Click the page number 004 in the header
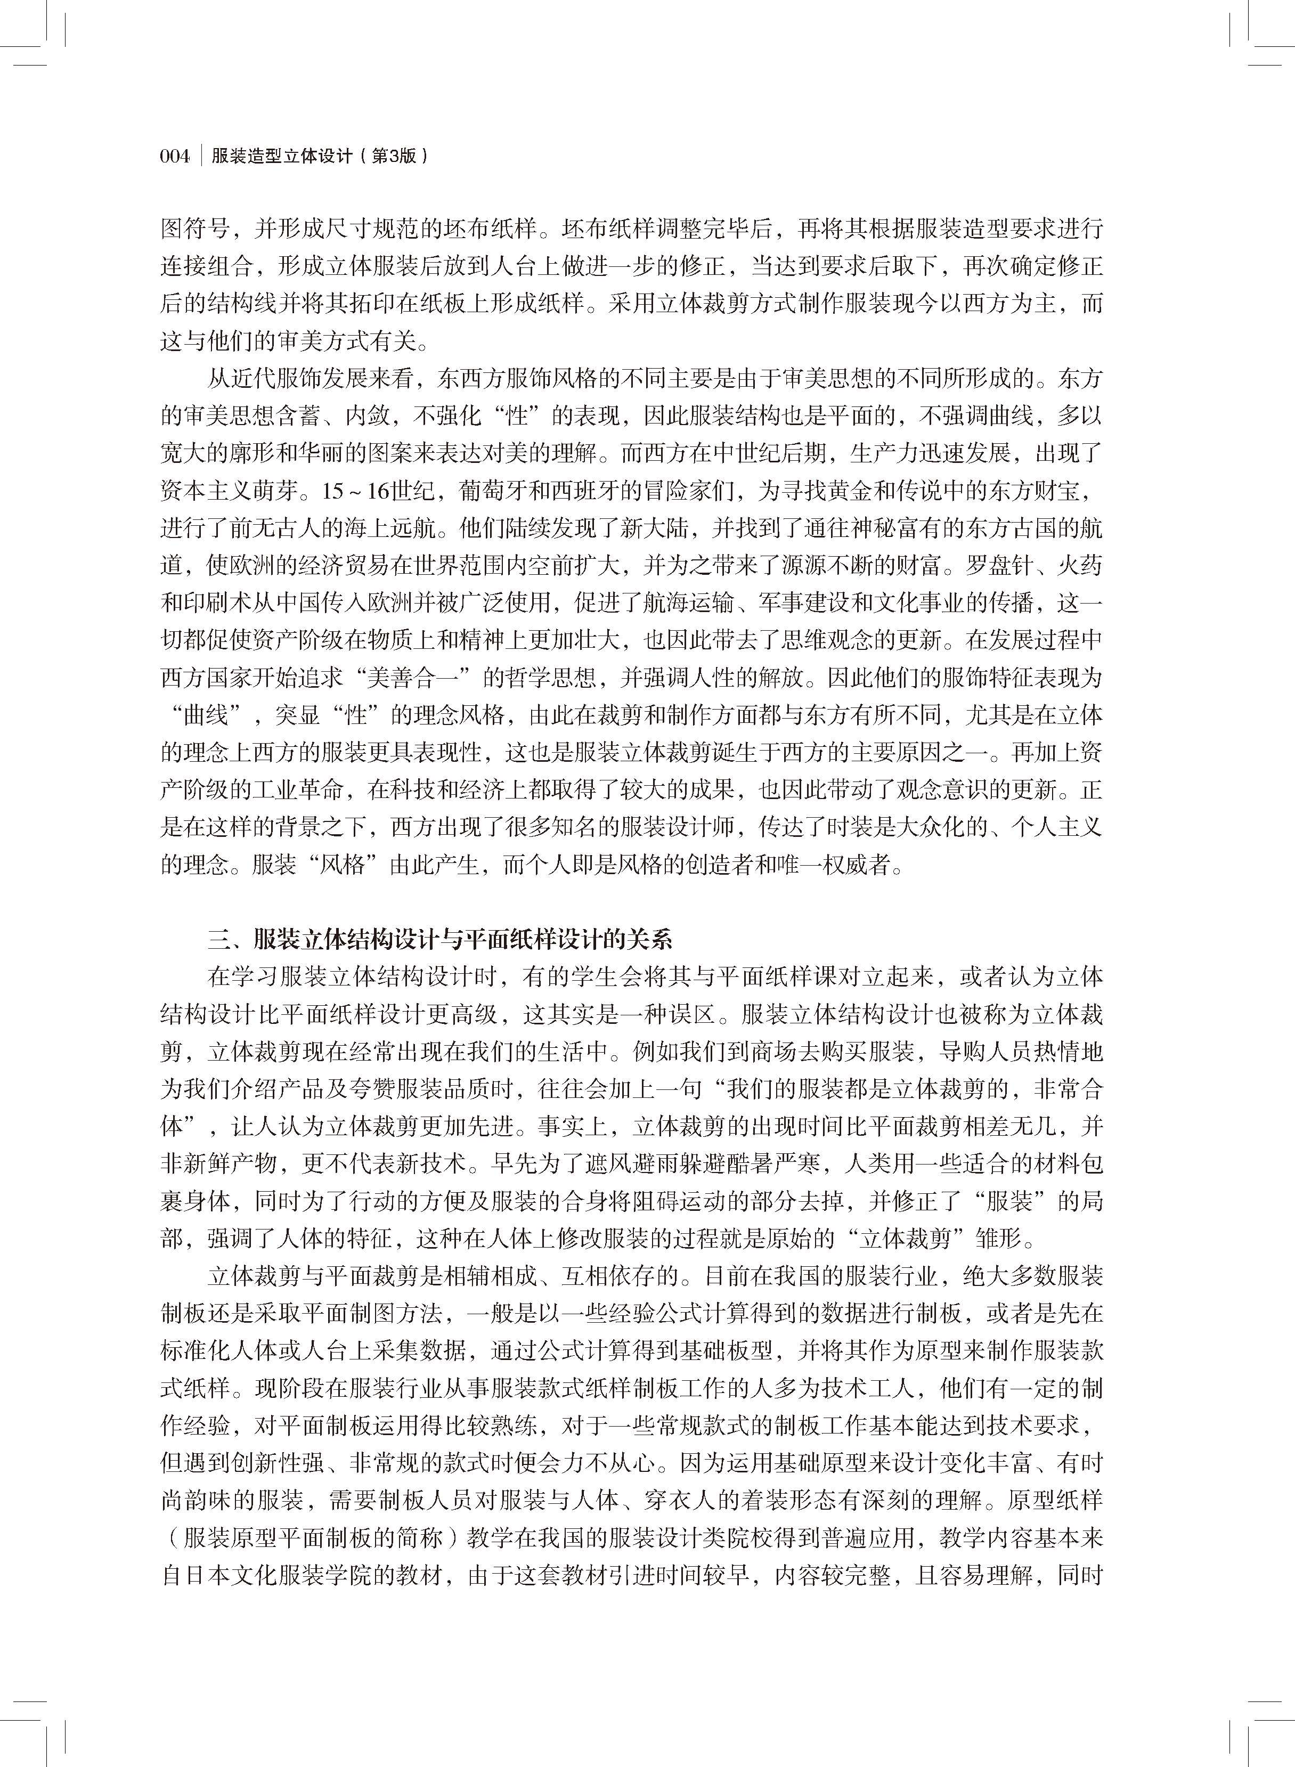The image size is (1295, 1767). [175, 156]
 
